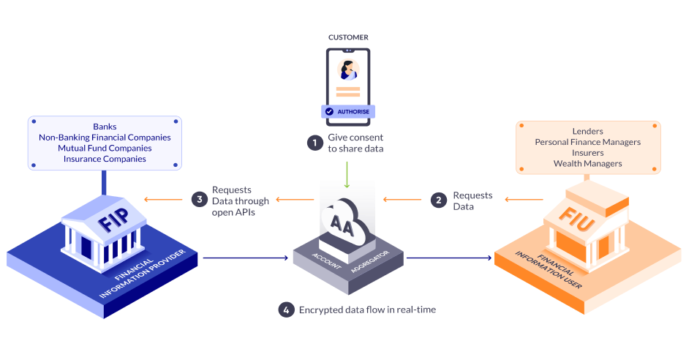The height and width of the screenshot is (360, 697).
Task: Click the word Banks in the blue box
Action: point(105,127)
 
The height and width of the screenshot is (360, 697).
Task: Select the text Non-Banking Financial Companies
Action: point(105,138)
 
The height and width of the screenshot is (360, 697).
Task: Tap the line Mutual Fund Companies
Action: point(105,148)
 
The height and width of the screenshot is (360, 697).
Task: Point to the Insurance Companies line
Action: point(105,159)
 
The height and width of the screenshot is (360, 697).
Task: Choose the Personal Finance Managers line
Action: point(588,141)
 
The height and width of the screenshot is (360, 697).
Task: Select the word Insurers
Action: point(588,152)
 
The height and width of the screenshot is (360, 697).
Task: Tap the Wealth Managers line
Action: point(588,163)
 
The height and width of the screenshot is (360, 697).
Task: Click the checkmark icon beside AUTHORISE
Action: point(330,111)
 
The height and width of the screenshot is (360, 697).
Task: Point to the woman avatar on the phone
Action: point(347,70)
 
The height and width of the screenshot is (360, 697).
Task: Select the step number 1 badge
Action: point(315,143)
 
